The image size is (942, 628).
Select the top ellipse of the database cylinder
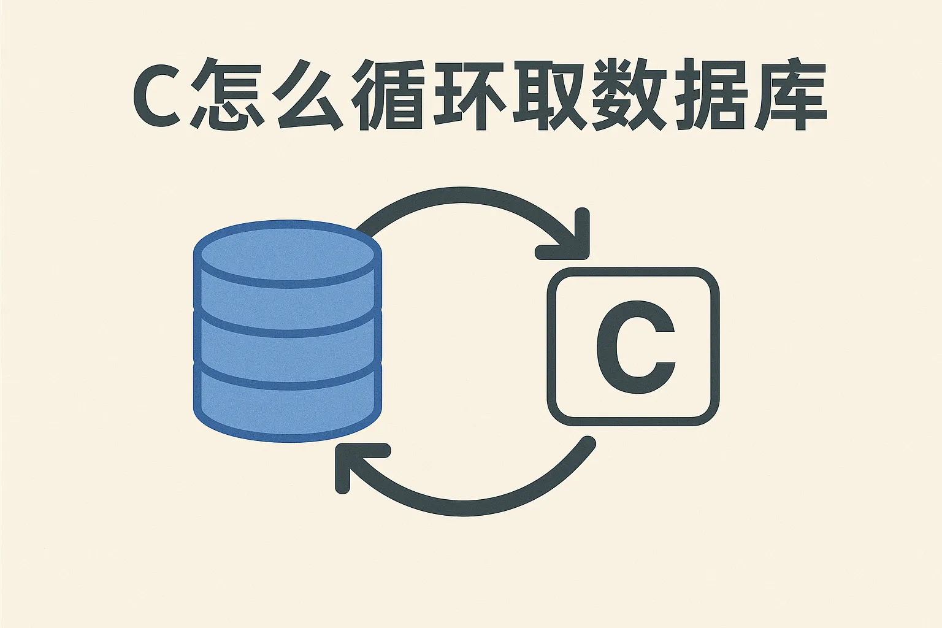288,254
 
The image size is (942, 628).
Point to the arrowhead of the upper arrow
576,240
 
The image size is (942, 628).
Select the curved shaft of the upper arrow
462,196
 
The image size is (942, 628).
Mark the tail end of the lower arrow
589,443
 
